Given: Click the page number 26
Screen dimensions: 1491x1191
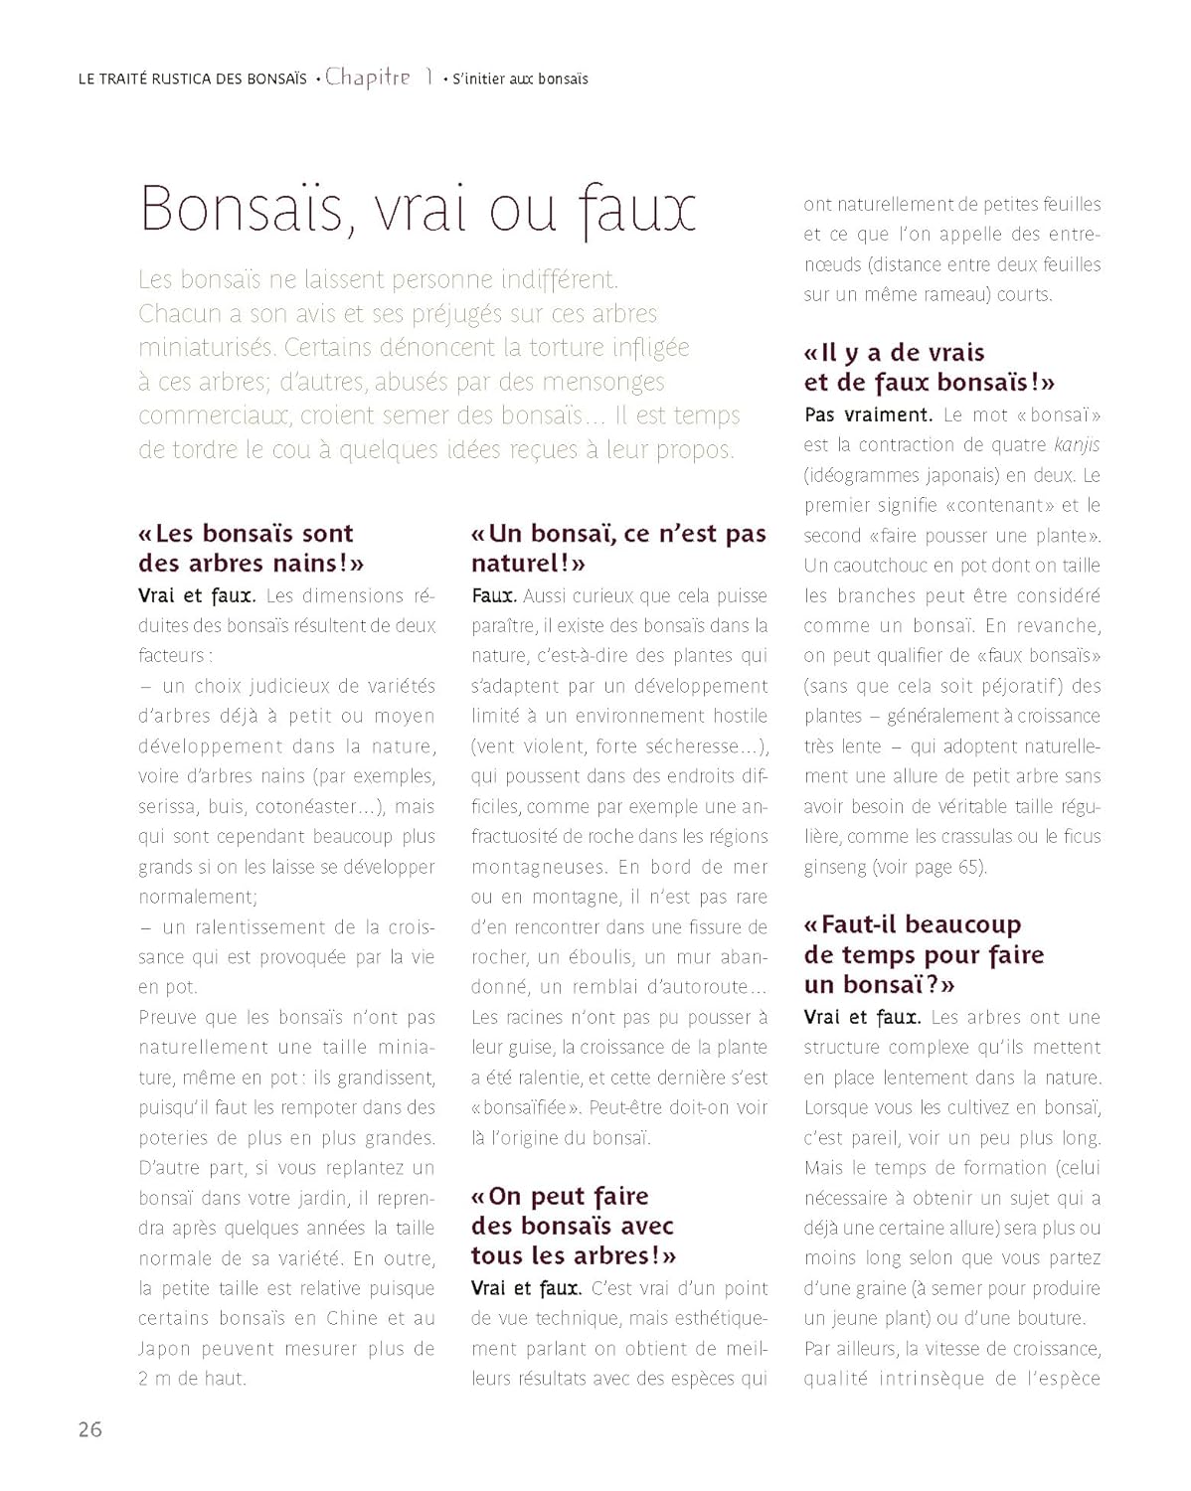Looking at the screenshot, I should coord(90,1429).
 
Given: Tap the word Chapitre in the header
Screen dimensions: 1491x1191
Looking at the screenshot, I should coord(367,78).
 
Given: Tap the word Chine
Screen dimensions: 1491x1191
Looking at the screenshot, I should coord(351,1318).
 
